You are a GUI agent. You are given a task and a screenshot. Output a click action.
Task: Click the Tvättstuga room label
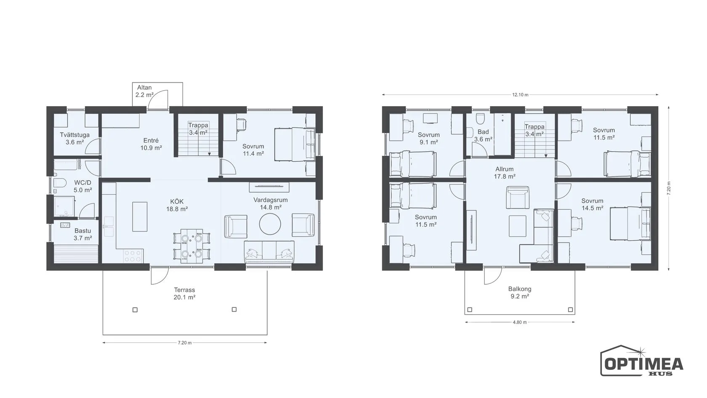(75, 135)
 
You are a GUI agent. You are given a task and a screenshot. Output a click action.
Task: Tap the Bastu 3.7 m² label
(82, 234)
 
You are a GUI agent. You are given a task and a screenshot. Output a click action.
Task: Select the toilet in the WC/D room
(59, 183)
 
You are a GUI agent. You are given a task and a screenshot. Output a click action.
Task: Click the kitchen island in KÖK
(140, 216)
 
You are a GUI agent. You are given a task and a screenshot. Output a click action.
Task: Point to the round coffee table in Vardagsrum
(270, 224)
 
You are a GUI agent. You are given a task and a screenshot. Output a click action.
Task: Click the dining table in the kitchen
(191, 246)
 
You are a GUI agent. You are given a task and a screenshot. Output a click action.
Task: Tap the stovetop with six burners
(133, 256)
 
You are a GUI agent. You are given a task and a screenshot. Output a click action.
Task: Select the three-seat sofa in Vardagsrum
(269, 252)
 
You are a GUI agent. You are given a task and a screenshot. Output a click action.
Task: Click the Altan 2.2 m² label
(145, 91)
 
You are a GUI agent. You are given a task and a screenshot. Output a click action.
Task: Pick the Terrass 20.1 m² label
(184, 294)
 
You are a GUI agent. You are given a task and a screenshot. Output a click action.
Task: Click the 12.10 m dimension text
(520, 95)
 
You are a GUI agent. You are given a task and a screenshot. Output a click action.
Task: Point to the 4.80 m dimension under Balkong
(519, 323)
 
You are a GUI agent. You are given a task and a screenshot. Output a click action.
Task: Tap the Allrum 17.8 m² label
(504, 173)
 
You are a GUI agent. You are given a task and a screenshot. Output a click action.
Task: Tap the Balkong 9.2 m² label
(519, 292)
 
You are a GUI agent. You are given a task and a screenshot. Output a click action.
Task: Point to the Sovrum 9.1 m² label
(428, 138)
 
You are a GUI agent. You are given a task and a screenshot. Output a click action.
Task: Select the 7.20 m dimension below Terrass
(185, 343)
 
